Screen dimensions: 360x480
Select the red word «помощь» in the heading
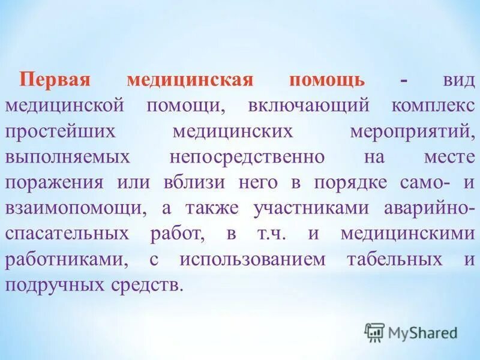point(327,80)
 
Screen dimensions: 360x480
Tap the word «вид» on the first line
point(455,80)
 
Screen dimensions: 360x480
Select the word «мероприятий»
point(412,131)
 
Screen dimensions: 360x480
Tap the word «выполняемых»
point(67,157)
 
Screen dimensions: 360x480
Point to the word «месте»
point(445,157)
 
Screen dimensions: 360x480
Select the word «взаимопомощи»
point(74,208)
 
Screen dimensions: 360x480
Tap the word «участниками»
point(308,208)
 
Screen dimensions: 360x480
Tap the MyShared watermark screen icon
point(374,332)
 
